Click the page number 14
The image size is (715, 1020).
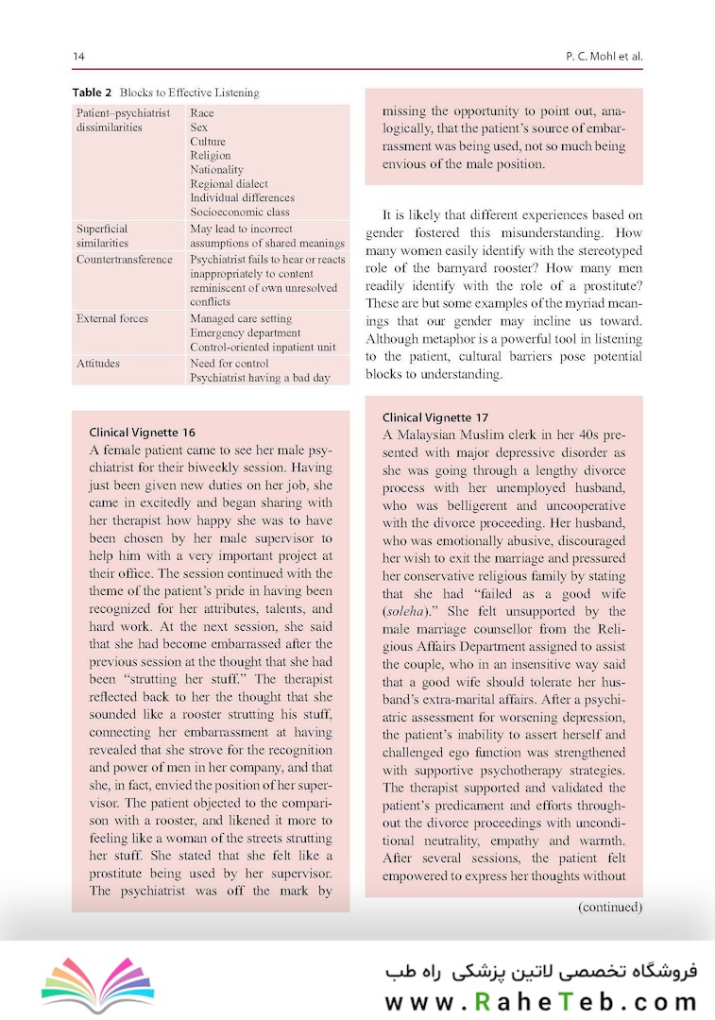78,57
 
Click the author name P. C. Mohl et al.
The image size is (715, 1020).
601,57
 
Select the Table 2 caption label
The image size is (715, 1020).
93,93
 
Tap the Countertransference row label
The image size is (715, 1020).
125,259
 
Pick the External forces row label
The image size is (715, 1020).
112,318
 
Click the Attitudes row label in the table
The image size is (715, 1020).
98,363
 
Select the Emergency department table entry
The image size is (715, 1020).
245,332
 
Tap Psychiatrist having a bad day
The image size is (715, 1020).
260,378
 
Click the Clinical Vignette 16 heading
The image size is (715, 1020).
143,432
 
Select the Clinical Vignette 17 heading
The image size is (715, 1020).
435,417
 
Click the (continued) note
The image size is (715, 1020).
610,908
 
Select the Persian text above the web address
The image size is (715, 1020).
539,970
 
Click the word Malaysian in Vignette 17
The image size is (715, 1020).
425,434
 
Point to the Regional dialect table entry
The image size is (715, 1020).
229,184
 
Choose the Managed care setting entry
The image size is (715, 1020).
241,318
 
